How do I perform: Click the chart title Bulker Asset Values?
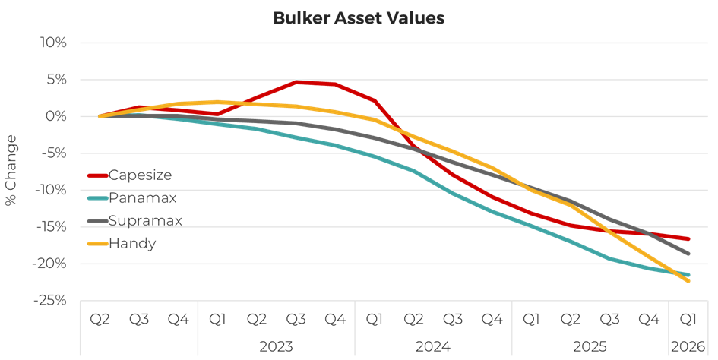358,18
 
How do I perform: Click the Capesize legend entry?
140,175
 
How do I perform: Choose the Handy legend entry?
133,243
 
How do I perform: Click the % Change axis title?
11,170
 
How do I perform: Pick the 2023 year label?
277,346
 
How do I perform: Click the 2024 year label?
434,346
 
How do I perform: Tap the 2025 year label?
590,346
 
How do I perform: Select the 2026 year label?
688,346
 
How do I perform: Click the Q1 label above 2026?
688,319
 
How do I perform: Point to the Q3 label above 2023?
296,319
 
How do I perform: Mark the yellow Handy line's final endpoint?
688,281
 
